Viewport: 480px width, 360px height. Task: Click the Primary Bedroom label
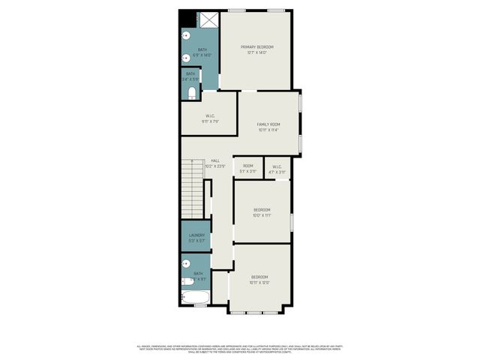click(257, 46)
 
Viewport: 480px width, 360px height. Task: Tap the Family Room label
click(268, 124)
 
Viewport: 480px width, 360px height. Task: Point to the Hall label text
click(215, 160)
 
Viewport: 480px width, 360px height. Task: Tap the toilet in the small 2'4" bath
click(191, 93)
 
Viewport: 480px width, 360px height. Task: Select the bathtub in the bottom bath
click(196, 298)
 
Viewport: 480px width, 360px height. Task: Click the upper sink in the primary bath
click(185, 35)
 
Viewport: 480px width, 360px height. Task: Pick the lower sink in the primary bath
click(185, 57)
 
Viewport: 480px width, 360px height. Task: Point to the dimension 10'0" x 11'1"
click(262, 214)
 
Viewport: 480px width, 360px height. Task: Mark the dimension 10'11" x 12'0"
click(259, 282)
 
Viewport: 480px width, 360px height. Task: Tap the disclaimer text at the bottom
click(240, 349)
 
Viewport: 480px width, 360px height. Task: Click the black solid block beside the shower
click(186, 18)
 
